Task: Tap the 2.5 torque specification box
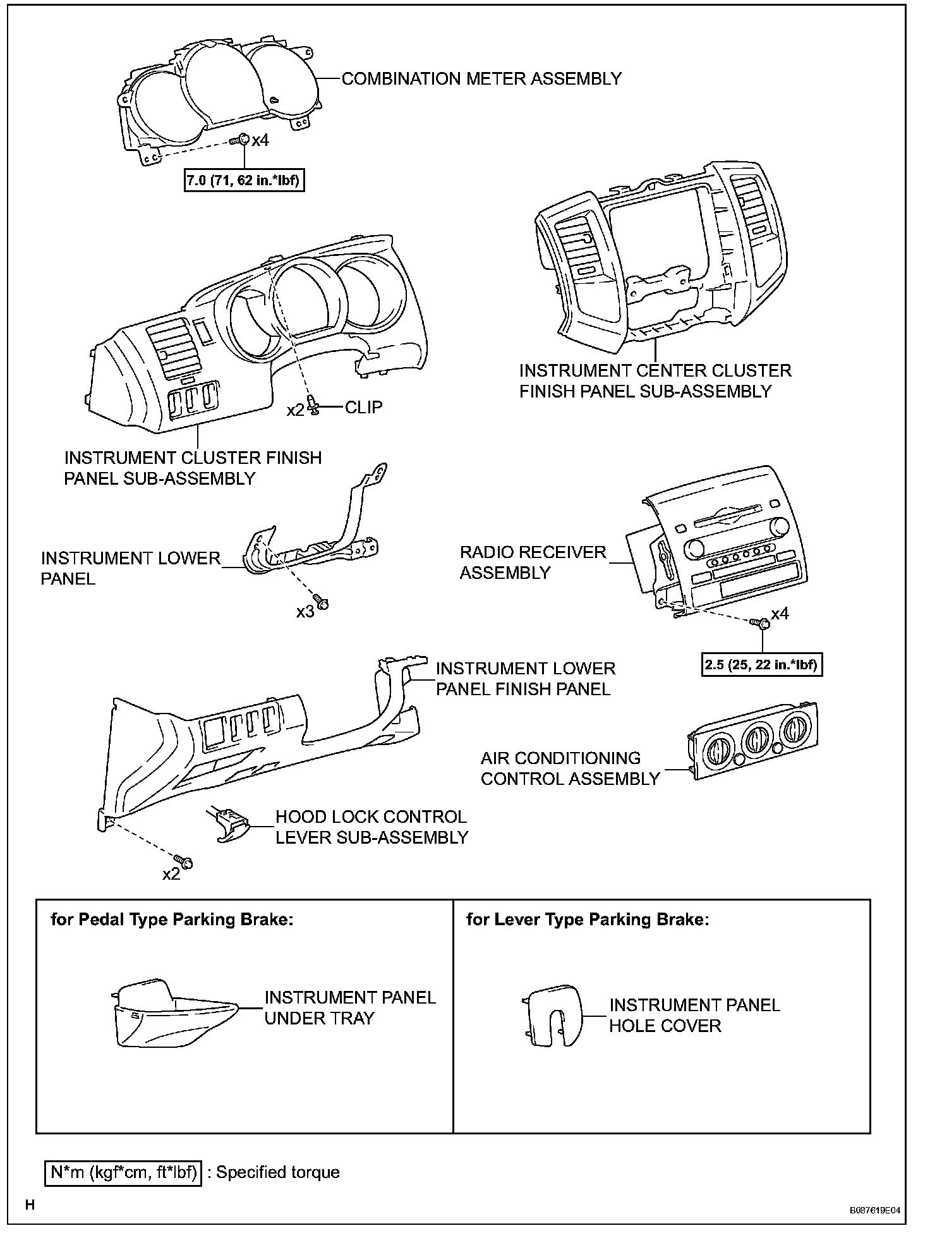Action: point(762,665)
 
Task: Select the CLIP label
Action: point(364,407)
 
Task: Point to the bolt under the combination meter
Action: point(241,140)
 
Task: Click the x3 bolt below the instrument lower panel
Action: point(321,603)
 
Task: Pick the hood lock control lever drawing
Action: point(227,824)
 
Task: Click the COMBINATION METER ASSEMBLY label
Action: point(481,79)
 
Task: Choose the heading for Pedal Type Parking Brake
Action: point(172,920)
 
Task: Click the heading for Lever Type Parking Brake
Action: point(588,920)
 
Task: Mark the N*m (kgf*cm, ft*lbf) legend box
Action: point(123,1173)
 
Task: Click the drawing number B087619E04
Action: point(874,1211)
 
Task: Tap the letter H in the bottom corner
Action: point(30,1205)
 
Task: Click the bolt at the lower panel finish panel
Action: point(184,861)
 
